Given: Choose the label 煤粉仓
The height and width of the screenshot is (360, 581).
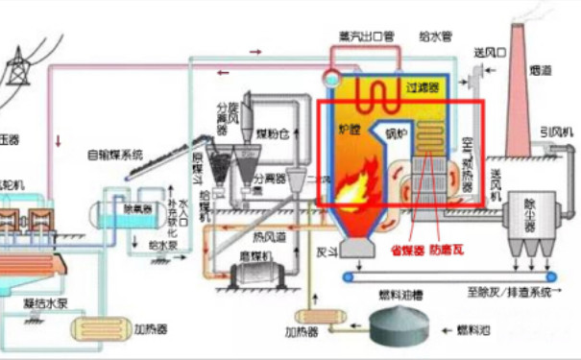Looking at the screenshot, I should [x=279, y=134].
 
